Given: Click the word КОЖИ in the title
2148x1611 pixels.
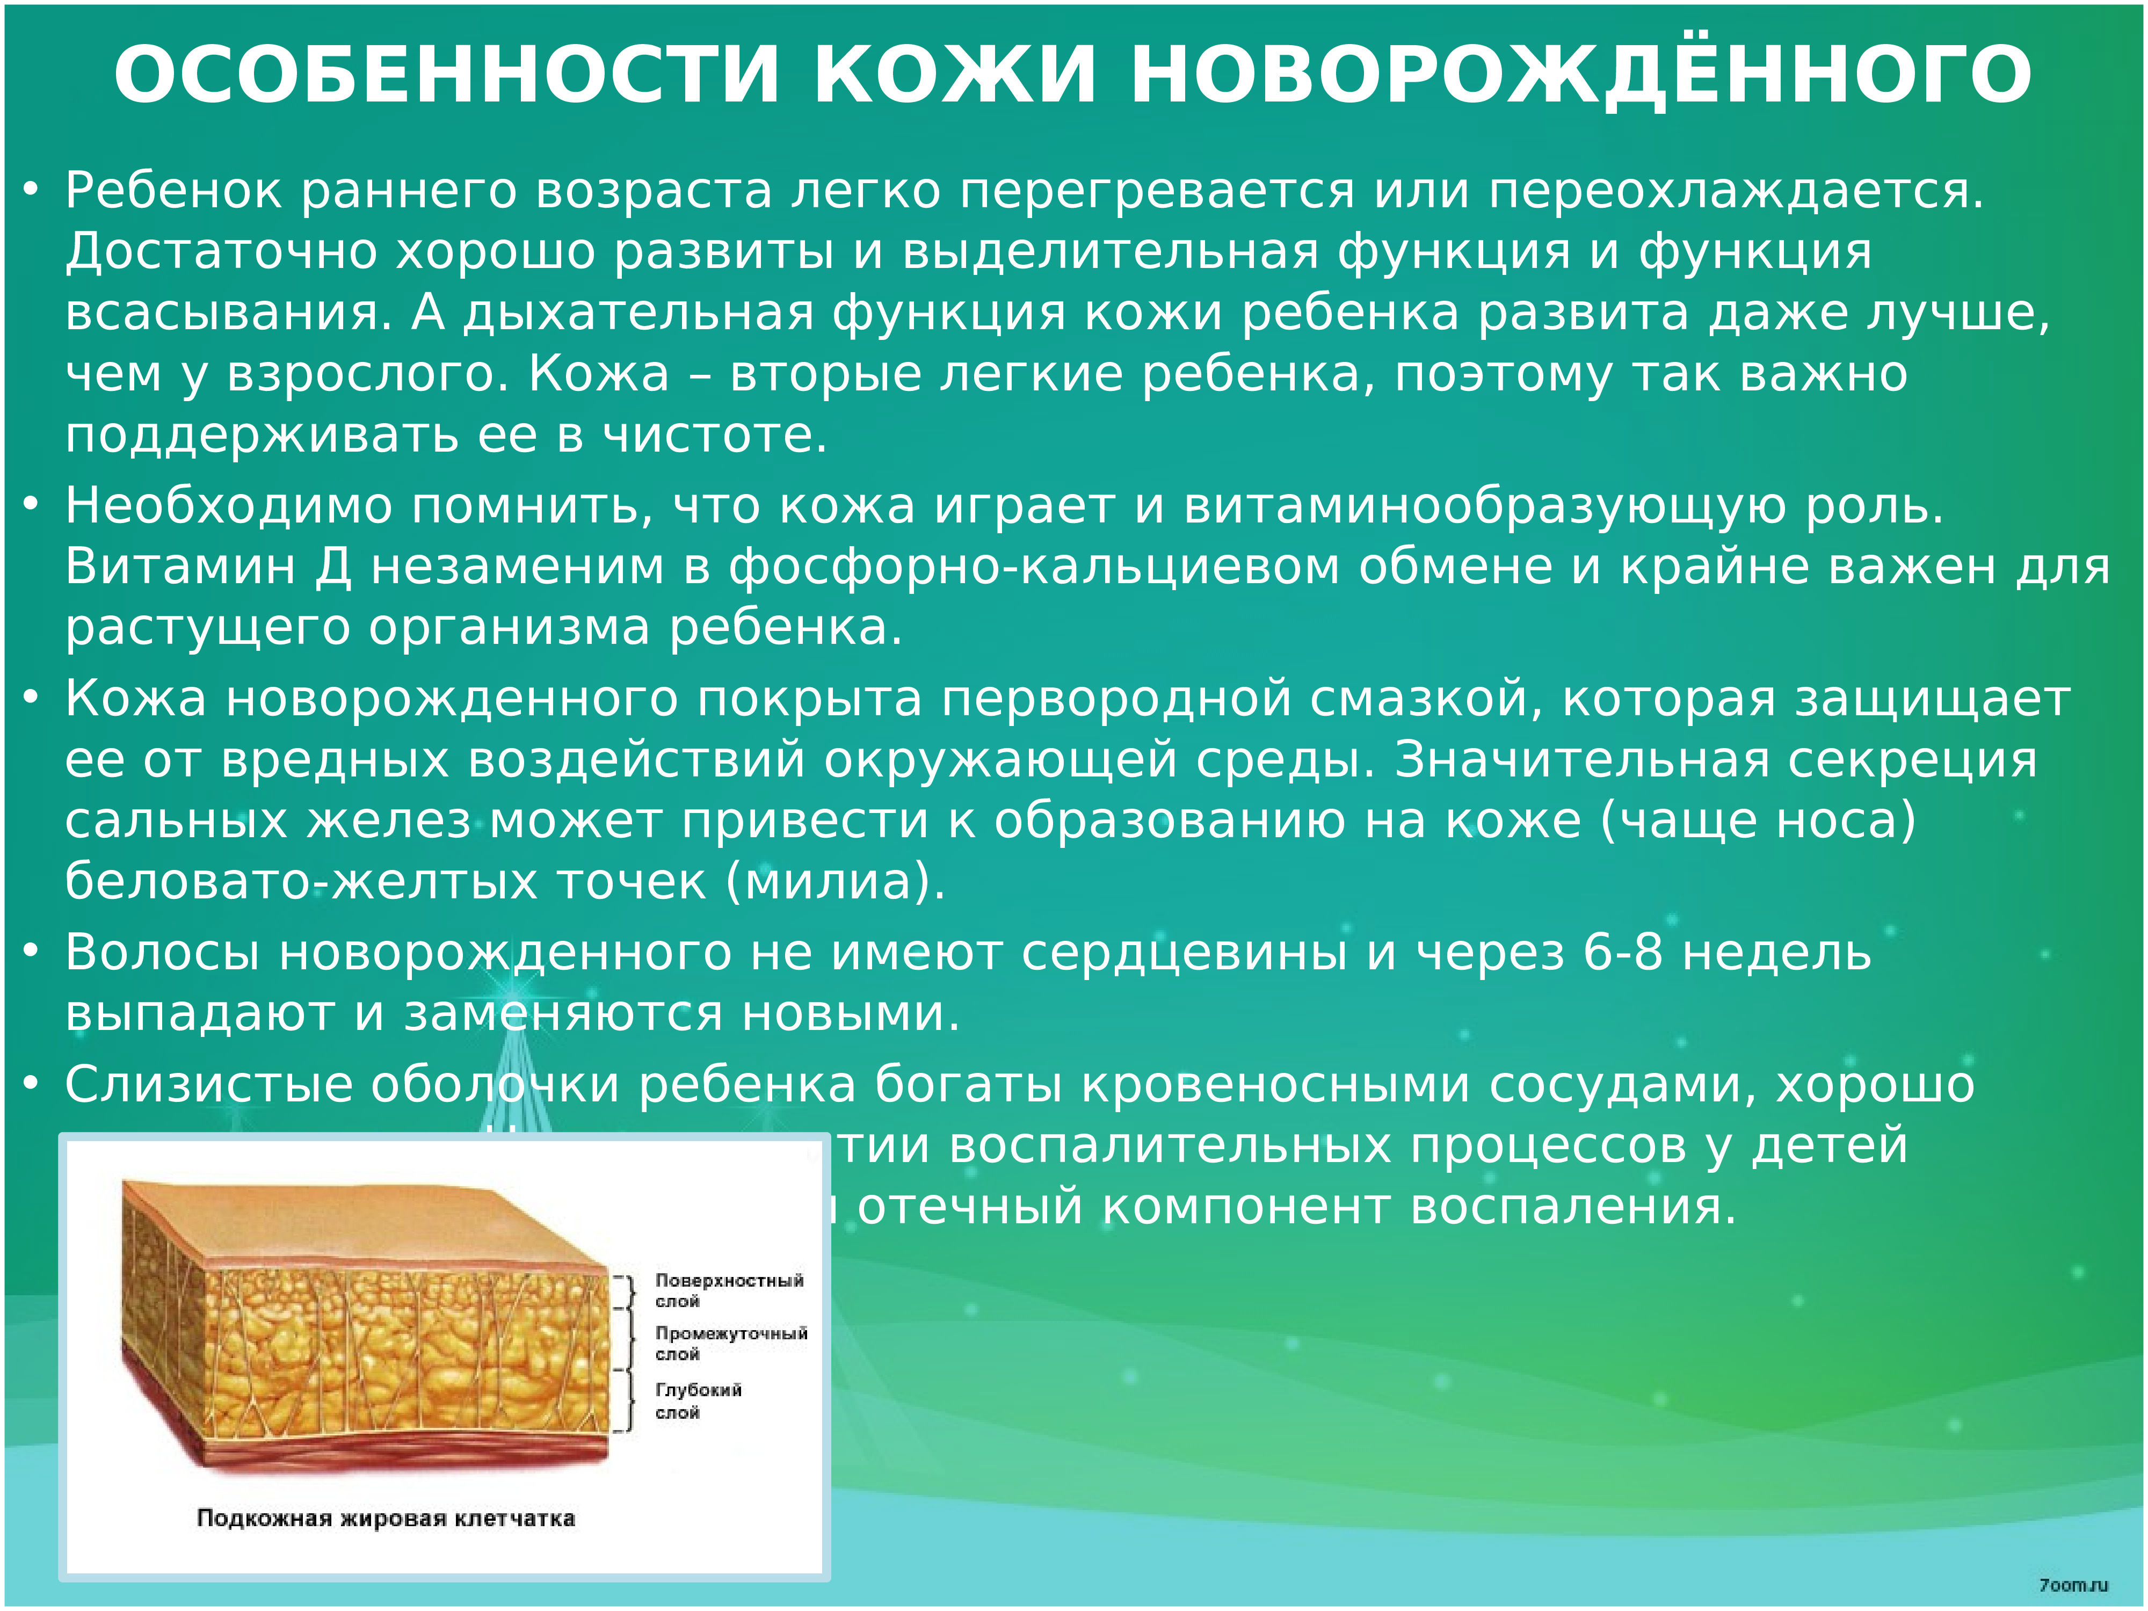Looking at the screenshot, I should point(955,75).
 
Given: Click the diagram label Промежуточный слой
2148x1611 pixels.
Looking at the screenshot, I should point(730,1343).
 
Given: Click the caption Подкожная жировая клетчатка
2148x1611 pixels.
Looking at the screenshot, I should point(386,1518).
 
